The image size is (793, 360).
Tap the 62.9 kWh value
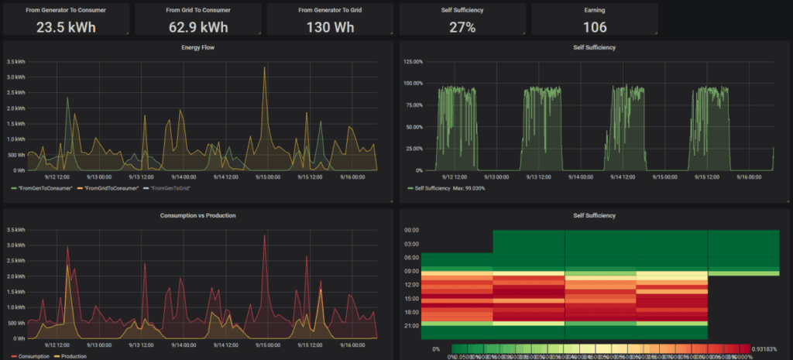[x=198, y=27]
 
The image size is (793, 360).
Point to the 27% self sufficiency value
[x=462, y=27]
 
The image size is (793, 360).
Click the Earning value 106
[x=595, y=27]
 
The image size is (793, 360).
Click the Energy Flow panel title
[x=197, y=47]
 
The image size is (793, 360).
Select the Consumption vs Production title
[x=197, y=214]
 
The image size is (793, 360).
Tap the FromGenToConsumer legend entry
[x=45, y=188]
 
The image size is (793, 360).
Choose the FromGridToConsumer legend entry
[x=114, y=188]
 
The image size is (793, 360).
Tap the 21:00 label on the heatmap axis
[x=411, y=326]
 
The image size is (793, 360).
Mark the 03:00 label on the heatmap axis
[x=411, y=244]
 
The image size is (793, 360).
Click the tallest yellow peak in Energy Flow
[x=264, y=68]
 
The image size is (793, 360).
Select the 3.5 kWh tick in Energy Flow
[x=15, y=61]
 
